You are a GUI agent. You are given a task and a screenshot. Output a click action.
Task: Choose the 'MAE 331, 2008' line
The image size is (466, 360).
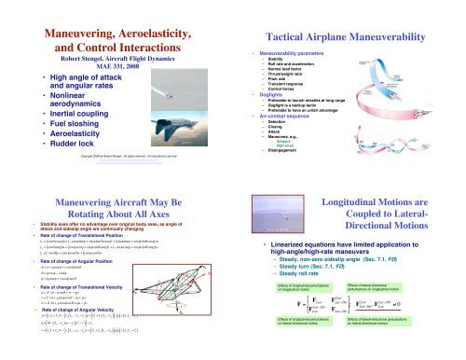113,43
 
